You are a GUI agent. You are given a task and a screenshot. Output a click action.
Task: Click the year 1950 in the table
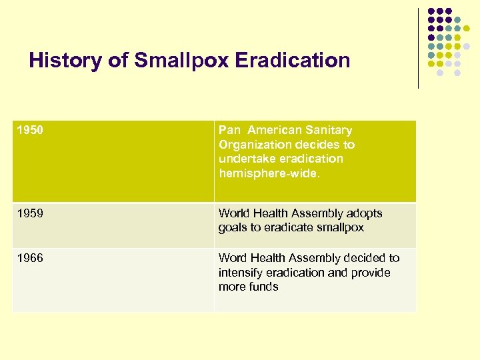(30, 130)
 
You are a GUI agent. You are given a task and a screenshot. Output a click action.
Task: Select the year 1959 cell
(30, 213)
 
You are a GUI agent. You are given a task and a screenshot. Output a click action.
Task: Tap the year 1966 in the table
(30, 258)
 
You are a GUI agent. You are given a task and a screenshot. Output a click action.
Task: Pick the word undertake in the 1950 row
(247, 159)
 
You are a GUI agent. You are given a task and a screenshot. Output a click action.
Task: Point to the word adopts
(365, 213)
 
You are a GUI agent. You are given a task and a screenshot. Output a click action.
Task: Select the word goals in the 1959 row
(231, 227)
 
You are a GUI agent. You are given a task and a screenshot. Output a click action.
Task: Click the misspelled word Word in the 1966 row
(232, 258)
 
